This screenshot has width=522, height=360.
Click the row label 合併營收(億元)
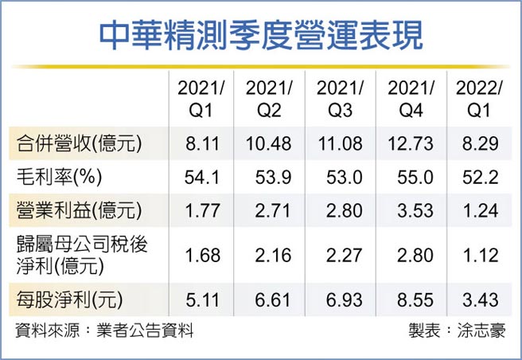pos(80,143)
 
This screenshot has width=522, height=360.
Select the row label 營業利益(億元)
pos(80,210)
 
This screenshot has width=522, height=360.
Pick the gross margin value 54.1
pos(197,178)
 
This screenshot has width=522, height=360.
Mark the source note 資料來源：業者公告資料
pos(104,331)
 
